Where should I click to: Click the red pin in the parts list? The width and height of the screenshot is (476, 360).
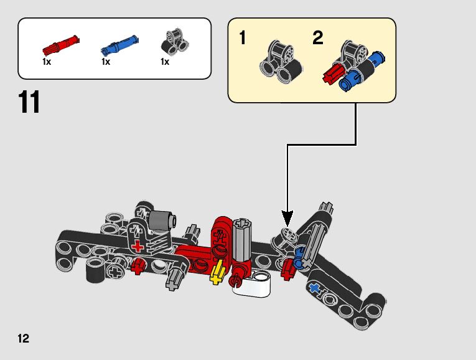tap(61, 45)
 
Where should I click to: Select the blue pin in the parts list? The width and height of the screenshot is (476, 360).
tap(119, 45)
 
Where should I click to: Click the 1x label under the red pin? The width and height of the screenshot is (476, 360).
tap(47, 62)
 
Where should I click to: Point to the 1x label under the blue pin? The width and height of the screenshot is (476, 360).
tap(106, 62)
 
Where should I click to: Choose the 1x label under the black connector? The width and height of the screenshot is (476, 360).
tap(165, 62)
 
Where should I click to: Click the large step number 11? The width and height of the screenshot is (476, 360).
tap(29, 102)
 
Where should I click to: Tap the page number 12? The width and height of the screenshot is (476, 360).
tap(24, 338)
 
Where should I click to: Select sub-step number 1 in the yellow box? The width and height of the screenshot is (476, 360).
tap(242, 38)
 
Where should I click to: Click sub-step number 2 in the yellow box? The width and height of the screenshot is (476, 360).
tap(317, 38)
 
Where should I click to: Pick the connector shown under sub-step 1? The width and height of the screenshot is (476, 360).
tap(281, 62)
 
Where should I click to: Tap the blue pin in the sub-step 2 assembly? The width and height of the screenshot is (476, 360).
tap(362, 72)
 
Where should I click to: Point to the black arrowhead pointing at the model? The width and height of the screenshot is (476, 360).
tap(287, 218)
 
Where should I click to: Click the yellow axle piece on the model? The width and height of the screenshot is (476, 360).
tap(217, 272)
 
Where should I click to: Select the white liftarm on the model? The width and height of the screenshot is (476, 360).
tap(252, 284)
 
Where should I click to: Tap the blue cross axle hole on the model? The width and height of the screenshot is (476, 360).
tap(314, 287)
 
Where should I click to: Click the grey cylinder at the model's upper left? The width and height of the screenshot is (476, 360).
tap(162, 221)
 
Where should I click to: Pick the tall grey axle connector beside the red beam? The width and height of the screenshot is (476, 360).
tap(241, 240)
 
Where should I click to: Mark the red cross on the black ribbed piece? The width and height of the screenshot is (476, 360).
tap(138, 246)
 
